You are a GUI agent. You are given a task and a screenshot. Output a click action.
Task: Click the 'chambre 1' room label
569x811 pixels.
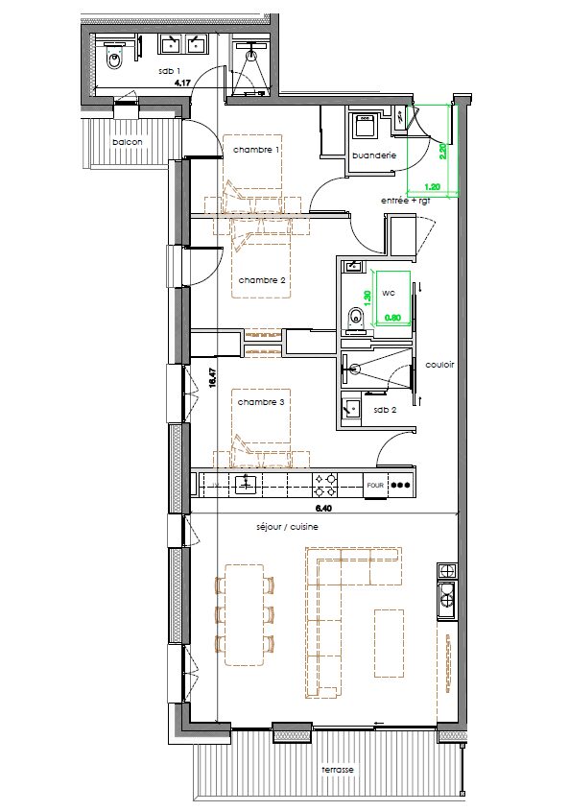pyautogui.click(x=256, y=150)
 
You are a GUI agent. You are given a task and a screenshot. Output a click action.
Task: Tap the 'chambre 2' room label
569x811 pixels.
pyautogui.click(x=262, y=280)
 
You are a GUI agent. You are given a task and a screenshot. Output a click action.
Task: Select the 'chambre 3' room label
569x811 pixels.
pyautogui.click(x=261, y=402)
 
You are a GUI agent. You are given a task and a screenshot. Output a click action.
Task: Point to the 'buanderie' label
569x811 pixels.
pyautogui.click(x=374, y=155)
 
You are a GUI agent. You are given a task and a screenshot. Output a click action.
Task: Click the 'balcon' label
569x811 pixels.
pyautogui.click(x=128, y=142)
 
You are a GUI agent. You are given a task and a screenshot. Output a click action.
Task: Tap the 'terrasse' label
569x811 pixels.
pyautogui.click(x=337, y=769)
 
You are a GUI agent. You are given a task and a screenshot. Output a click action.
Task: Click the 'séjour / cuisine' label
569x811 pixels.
pyautogui.click(x=287, y=527)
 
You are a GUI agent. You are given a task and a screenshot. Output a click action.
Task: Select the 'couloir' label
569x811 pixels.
pyautogui.click(x=439, y=365)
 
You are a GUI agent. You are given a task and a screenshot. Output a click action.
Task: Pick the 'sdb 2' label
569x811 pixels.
pyautogui.click(x=385, y=410)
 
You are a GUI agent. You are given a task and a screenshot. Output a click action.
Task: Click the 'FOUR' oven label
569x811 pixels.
pyautogui.click(x=375, y=485)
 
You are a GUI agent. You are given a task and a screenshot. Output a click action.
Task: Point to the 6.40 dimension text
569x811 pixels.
pyautogui.click(x=322, y=508)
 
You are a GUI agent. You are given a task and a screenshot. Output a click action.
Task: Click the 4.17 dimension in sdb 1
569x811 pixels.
pyautogui.click(x=182, y=82)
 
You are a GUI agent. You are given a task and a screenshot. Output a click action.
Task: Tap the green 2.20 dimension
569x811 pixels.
pyautogui.click(x=442, y=153)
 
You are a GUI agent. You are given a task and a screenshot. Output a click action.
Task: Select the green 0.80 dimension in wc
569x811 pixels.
pyautogui.click(x=392, y=318)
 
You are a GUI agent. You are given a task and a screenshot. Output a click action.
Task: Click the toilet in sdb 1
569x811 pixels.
pyautogui.click(x=114, y=59)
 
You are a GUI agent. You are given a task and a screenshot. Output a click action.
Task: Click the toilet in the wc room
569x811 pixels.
pyautogui.click(x=355, y=317)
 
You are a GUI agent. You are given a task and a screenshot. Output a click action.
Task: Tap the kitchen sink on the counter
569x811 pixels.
pyautogui.click(x=248, y=485)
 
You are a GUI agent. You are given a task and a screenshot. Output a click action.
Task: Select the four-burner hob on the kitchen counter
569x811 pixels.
pyautogui.click(x=326, y=485)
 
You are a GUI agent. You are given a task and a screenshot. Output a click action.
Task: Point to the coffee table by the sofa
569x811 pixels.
pyautogui.click(x=389, y=643)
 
